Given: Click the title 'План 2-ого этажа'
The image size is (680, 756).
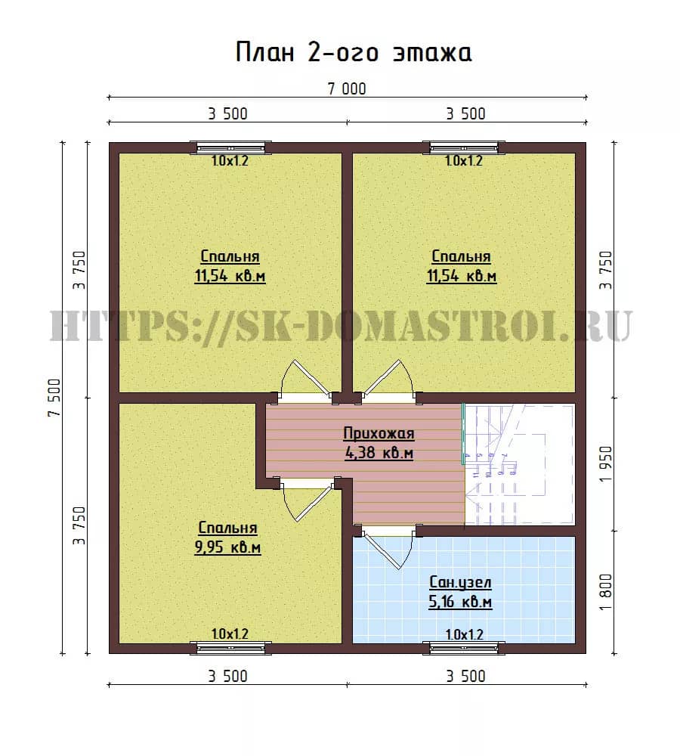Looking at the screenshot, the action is tap(354, 52).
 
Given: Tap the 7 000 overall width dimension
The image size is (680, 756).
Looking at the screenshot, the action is tap(347, 88).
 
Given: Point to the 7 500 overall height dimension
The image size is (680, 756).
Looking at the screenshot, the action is tap(54, 398).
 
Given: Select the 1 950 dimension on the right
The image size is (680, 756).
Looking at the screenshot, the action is tap(605, 463).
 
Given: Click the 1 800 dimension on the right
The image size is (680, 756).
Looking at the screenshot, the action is tap(605, 592).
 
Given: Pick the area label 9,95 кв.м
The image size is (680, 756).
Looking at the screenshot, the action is tap(227, 547).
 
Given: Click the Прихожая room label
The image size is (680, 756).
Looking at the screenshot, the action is tap(379, 433).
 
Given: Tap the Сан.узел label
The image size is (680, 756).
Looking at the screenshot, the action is tap(460, 582).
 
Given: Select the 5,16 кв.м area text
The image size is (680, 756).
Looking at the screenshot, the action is tap(460, 603).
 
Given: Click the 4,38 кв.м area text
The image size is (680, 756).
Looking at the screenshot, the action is tap(379, 453).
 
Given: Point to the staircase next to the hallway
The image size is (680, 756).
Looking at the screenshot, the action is tap(519, 464).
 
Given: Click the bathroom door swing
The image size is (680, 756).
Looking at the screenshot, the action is tap(388, 549).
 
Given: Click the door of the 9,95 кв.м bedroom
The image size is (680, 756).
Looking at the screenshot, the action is tap(305, 500).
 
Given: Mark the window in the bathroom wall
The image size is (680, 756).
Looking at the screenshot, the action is tap(464, 648).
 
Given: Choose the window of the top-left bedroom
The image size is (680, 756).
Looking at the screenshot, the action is tap(230, 147).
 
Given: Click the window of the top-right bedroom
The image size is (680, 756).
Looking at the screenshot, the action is tap(464, 147).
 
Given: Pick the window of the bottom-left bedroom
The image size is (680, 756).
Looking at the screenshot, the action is tap(230, 648).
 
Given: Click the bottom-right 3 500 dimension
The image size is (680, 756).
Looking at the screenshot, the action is tap(465, 676).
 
